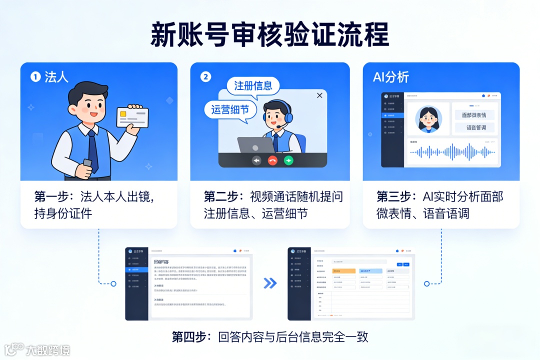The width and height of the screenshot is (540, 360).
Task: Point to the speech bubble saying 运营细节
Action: point(230,109)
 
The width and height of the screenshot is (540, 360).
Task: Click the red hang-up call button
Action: point(272,160)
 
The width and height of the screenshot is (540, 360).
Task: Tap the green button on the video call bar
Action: point(288,160)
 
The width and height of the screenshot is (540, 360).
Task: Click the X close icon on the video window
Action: point(319,95)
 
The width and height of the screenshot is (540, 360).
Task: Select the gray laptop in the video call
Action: point(255,145)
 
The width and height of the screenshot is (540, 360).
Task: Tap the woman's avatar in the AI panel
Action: point(428,119)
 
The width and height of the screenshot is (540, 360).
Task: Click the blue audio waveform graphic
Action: point(452,152)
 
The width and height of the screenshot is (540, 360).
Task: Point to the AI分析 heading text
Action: point(391,77)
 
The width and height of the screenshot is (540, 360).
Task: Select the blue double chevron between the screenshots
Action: point(270,283)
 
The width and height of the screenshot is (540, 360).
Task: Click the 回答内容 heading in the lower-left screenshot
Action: point(161,261)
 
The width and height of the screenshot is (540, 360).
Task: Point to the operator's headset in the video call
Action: point(287,114)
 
